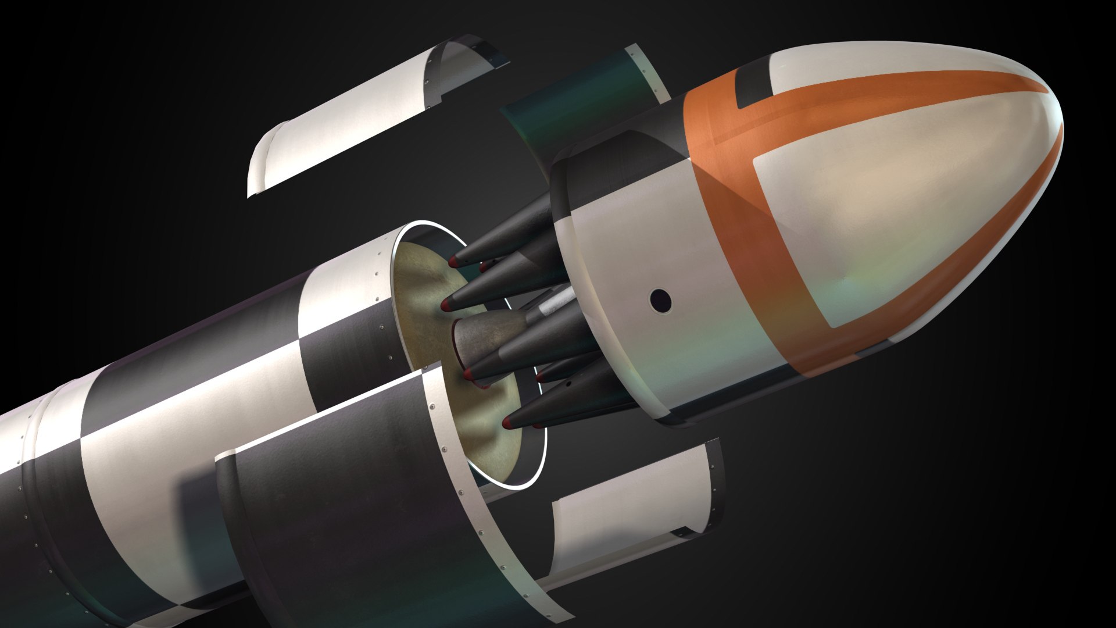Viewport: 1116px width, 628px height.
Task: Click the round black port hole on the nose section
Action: pos(661,299)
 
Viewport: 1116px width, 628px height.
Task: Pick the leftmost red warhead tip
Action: pos(446,304)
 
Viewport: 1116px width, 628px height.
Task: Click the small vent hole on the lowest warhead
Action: pos(567,384)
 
